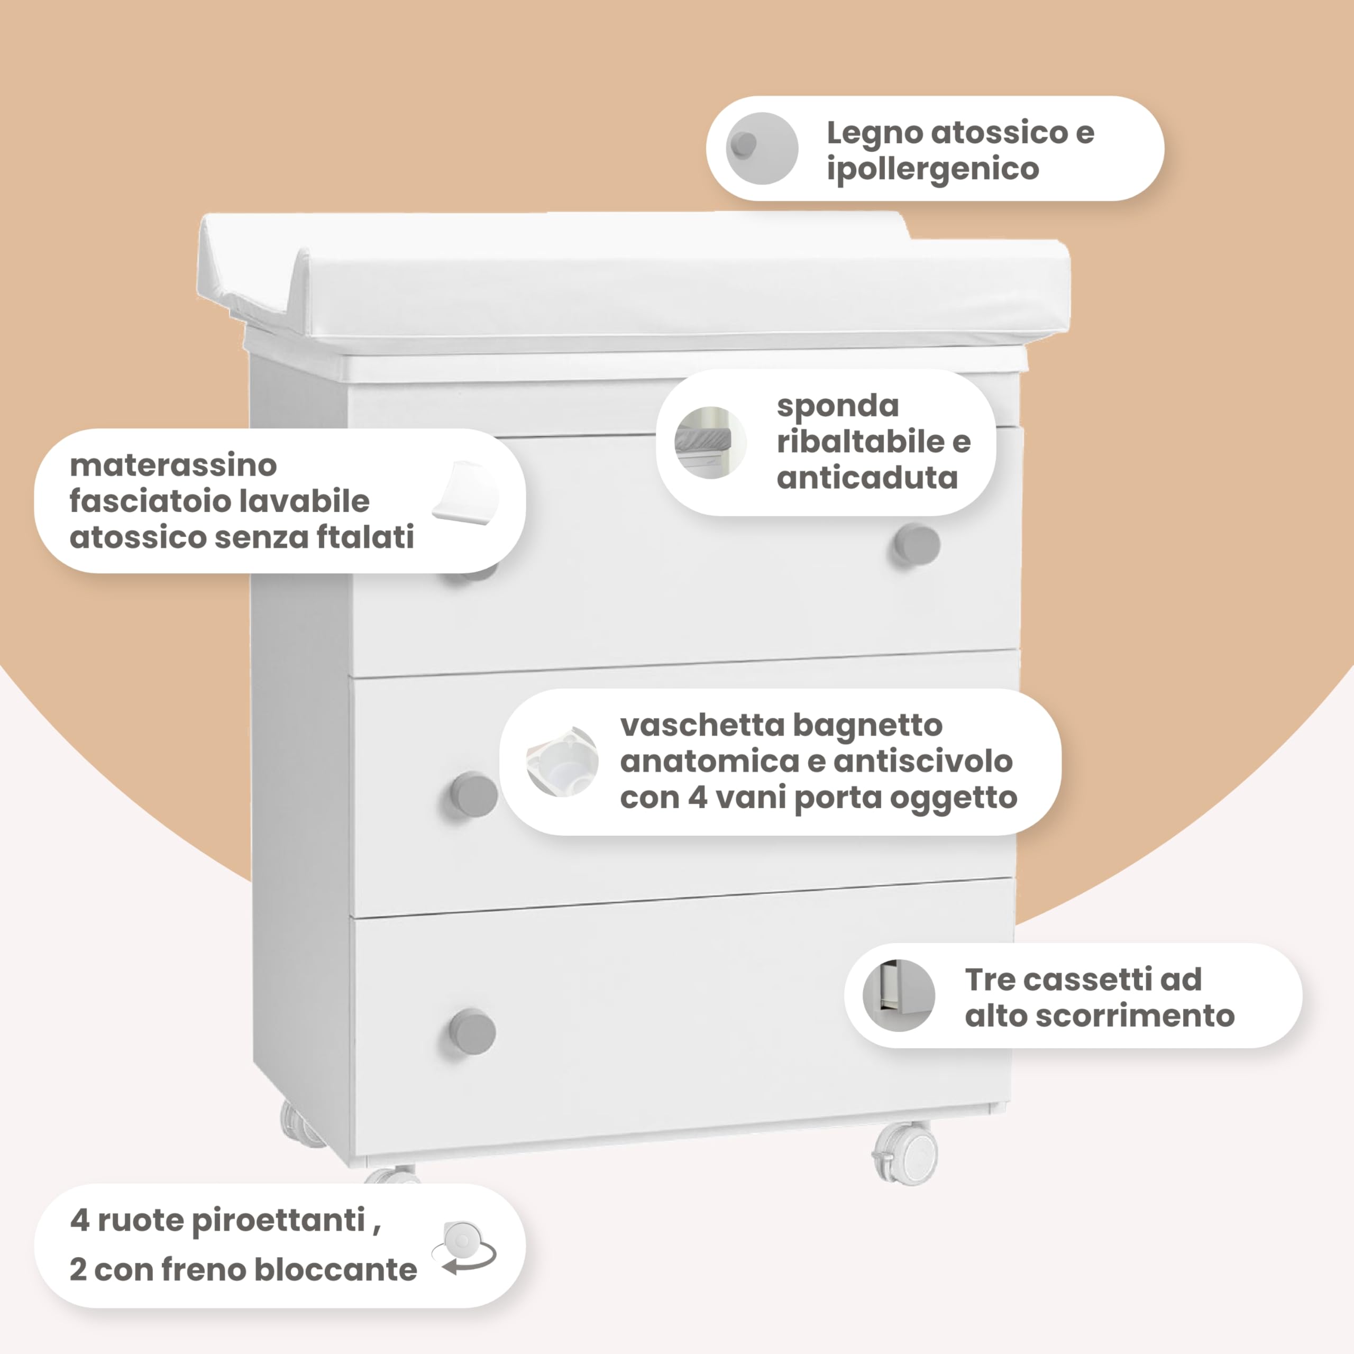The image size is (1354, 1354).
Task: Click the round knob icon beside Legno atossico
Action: click(x=762, y=149)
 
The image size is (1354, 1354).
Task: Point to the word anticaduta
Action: click(x=867, y=478)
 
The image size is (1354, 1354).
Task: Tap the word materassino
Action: click(x=173, y=465)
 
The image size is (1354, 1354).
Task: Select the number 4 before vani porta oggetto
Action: click(x=697, y=798)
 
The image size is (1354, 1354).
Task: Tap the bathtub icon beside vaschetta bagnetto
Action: click(x=562, y=762)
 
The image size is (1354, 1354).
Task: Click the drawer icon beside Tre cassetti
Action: click(x=899, y=996)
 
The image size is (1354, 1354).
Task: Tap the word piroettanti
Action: click(x=278, y=1221)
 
